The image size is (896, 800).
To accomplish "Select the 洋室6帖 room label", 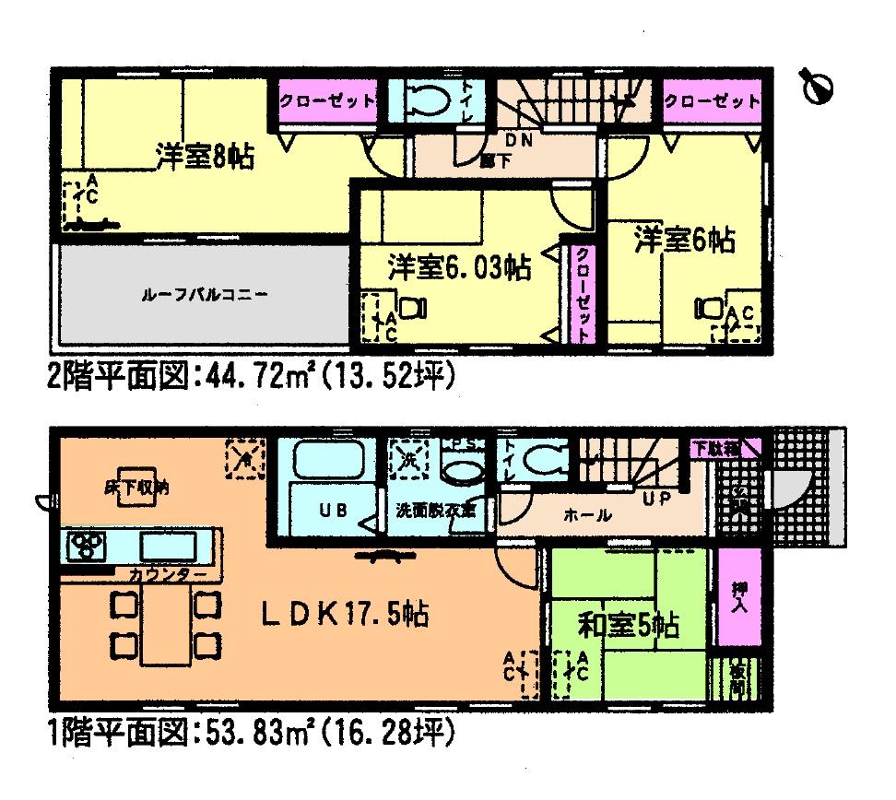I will (683, 241).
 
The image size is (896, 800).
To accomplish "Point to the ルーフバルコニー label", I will (205, 297).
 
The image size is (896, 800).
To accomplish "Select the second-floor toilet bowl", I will (425, 100).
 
